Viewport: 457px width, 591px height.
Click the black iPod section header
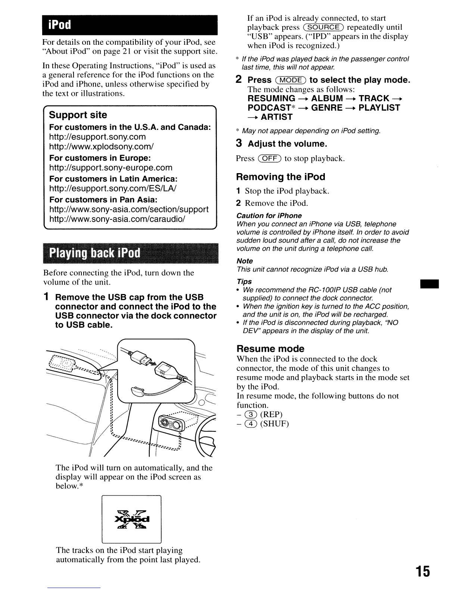[x=130, y=25]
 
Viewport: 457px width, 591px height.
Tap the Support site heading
[x=78, y=115]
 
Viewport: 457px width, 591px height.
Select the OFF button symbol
[x=270, y=159]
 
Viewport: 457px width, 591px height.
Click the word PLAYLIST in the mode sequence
[x=379, y=108]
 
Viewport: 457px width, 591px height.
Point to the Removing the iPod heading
[x=280, y=177]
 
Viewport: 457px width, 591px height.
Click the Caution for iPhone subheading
[x=269, y=216]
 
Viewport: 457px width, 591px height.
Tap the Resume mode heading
[x=270, y=349]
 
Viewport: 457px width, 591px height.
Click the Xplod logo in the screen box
[x=131, y=519]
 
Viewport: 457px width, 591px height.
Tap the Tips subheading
[x=244, y=282]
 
